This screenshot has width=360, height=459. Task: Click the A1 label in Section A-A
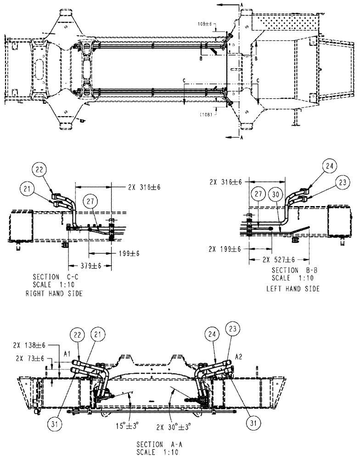pos(67,354)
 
